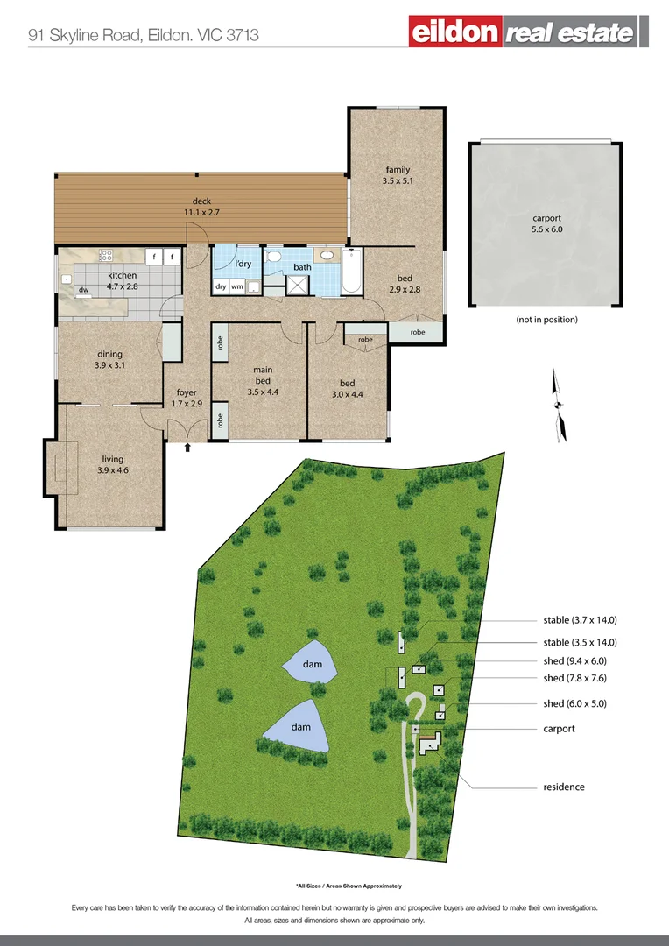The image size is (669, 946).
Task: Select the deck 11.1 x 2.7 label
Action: pos(201,207)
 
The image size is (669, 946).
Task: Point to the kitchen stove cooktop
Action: pos(106,257)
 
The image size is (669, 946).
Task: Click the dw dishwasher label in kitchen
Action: pos(83,289)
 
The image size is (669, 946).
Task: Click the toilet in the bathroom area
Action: pos(274,257)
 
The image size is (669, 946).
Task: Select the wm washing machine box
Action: pos(237,286)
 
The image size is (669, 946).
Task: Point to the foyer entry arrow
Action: pos(188,448)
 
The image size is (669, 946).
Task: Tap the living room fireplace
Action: pos(60,469)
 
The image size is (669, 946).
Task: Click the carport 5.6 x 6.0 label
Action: pos(546,224)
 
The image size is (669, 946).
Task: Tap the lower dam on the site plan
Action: pos(300,726)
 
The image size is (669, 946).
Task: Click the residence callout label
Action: pos(563,787)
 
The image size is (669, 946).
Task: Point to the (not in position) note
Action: pos(546,320)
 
